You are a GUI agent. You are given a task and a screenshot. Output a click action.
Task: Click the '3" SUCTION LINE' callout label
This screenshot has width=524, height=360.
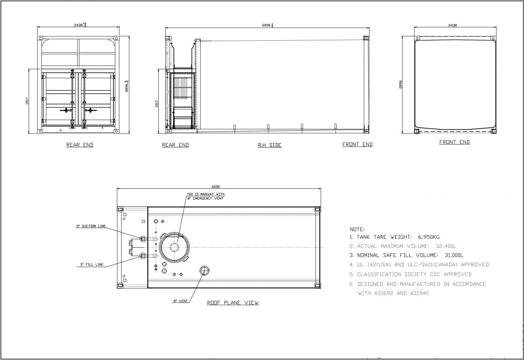coord(91,226)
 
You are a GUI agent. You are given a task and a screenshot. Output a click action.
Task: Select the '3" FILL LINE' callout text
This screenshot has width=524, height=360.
coord(92,264)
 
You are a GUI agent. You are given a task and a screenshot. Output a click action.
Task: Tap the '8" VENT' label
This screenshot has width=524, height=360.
coord(180,301)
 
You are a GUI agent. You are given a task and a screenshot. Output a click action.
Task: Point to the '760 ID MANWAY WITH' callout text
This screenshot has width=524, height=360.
coord(205,194)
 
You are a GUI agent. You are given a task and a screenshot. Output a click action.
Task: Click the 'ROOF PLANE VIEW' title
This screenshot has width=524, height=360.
coord(233,303)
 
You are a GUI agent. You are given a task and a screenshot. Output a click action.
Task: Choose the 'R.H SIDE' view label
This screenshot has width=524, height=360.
coord(270,145)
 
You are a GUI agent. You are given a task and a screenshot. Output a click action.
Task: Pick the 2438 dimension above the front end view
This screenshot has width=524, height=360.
coord(453,25)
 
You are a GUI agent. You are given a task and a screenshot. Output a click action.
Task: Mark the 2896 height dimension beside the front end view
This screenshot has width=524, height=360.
coord(400,84)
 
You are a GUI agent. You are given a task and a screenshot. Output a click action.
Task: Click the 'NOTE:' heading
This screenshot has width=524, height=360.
coord(357,229)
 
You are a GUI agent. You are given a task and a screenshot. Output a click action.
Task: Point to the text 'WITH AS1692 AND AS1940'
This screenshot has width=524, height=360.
coord(393,293)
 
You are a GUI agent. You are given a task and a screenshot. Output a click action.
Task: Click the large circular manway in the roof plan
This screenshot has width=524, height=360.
coord(175,247)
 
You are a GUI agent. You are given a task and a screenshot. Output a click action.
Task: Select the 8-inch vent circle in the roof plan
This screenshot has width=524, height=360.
coord(203,271)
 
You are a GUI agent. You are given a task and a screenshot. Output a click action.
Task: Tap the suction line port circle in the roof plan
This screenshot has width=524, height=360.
coord(143,239)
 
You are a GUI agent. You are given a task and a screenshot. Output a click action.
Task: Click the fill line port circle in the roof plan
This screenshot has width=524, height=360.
coord(143,256)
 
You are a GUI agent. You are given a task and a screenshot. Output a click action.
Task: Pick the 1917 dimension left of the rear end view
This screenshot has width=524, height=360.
coord(28,101)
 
